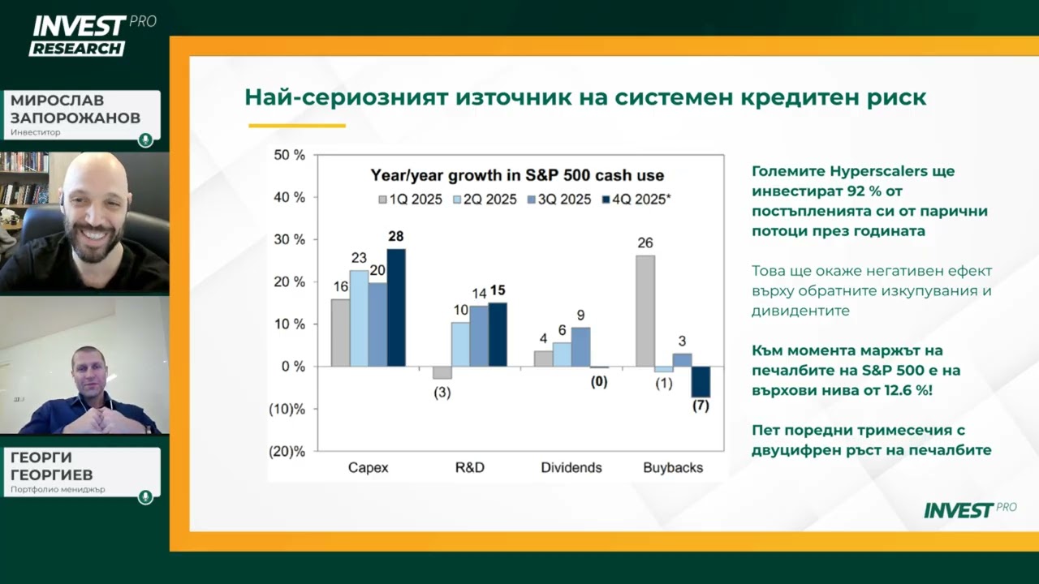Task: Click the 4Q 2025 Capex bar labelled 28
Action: pos(396,307)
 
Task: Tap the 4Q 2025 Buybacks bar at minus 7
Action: pos(701,381)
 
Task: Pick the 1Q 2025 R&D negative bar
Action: pos(442,372)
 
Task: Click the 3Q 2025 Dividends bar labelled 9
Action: pos(580,346)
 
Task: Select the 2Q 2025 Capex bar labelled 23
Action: pos(359,318)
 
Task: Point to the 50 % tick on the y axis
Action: pos(288,155)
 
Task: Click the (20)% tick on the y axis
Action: pos(287,451)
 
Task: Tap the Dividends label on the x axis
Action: pos(571,467)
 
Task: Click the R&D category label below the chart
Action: pos(469,467)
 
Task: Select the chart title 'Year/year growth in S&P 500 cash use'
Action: pos(517,175)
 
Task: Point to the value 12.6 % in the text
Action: pos(892,390)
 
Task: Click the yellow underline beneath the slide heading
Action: pos(297,126)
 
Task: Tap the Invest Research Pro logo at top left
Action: pos(89,35)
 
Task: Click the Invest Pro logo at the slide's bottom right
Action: pos(969,509)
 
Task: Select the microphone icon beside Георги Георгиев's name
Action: pos(145,496)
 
